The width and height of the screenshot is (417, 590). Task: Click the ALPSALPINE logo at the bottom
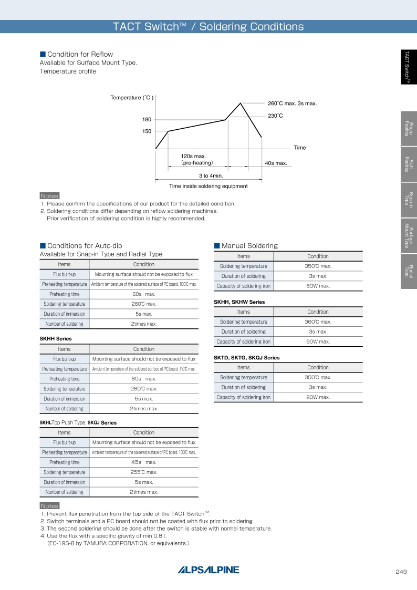pyautogui.click(x=208, y=570)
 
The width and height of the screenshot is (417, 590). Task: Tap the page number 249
pyautogui.click(x=401, y=572)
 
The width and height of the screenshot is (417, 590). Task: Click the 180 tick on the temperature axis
pyautogui.click(x=147, y=120)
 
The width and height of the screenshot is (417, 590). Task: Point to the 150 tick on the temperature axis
pyautogui.click(x=147, y=131)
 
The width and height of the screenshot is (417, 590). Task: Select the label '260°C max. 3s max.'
pyautogui.click(x=292, y=103)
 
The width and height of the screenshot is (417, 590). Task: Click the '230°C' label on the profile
pyautogui.click(x=275, y=116)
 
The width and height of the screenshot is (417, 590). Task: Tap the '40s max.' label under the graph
pyautogui.click(x=276, y=163)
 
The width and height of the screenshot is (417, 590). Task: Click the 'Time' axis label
pyautogui.click(x=299, y=148)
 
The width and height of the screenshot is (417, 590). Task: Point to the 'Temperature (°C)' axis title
pyautogui.click(x=131, y=98)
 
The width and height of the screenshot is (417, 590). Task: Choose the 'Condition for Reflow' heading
pyautogui.click(x=80, y=54)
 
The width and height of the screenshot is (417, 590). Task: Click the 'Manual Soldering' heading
pyautogui.click(x=249, y=245)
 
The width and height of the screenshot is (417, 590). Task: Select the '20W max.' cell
pyautogui.click(x=318, y=397)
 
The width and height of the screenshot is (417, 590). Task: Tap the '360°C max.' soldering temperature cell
pyautogui.click(x=318, y=322)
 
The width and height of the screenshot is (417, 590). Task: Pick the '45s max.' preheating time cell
pyautogui.click(x=143, y=462)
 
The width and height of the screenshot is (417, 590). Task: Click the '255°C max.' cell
pyautogui.click(x=143, y=472)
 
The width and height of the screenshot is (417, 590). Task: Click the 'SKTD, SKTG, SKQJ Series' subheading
pyautogui.click(x=246, y=358)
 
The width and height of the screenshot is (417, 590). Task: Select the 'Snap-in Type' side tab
pyautogui.click(x=409, y=200)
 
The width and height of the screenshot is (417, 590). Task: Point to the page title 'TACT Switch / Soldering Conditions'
pyautogui.click(x=208, y=27)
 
